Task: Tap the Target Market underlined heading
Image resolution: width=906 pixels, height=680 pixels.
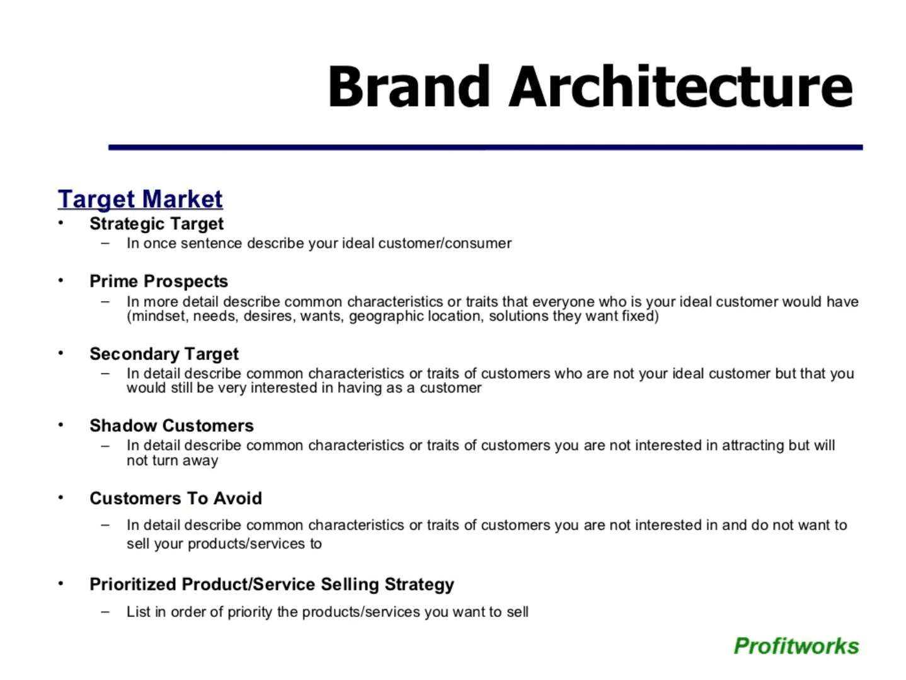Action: click(140, 199)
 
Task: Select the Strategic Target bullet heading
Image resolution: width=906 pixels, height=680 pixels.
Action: click(156, 224)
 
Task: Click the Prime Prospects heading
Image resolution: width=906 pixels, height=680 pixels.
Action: click(158, 281)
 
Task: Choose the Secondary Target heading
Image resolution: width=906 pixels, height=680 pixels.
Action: click(164, 354)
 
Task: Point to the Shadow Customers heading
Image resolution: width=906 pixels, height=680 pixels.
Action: click(171, 425)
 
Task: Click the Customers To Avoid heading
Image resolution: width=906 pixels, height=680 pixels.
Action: click(175, 498)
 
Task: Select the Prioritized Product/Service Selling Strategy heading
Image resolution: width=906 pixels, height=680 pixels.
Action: click(272, 584)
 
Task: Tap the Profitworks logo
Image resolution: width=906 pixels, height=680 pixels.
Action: click(796, 646)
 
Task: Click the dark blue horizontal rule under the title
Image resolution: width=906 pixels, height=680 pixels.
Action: click(485, 147)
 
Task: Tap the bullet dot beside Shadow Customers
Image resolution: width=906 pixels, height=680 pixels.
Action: click(60, 425)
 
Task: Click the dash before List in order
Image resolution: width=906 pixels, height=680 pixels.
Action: click(105, 611)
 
